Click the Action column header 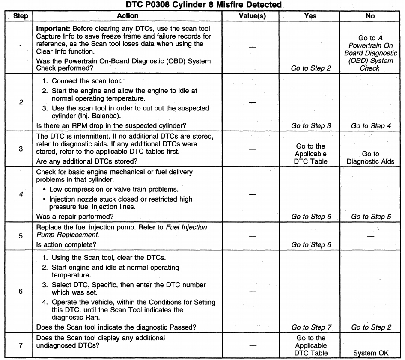click(x=128, y=16)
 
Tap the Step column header click(x=21, y=16)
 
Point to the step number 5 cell click(x=21, y=235)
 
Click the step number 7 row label click(x=21, y=345)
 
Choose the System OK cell click(x=370, y=354)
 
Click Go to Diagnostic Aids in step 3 click(x=370, y=157)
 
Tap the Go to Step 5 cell click(x=370, y=217)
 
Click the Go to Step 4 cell click(x=370, y=125)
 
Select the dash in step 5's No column click(x=370, y=235)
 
